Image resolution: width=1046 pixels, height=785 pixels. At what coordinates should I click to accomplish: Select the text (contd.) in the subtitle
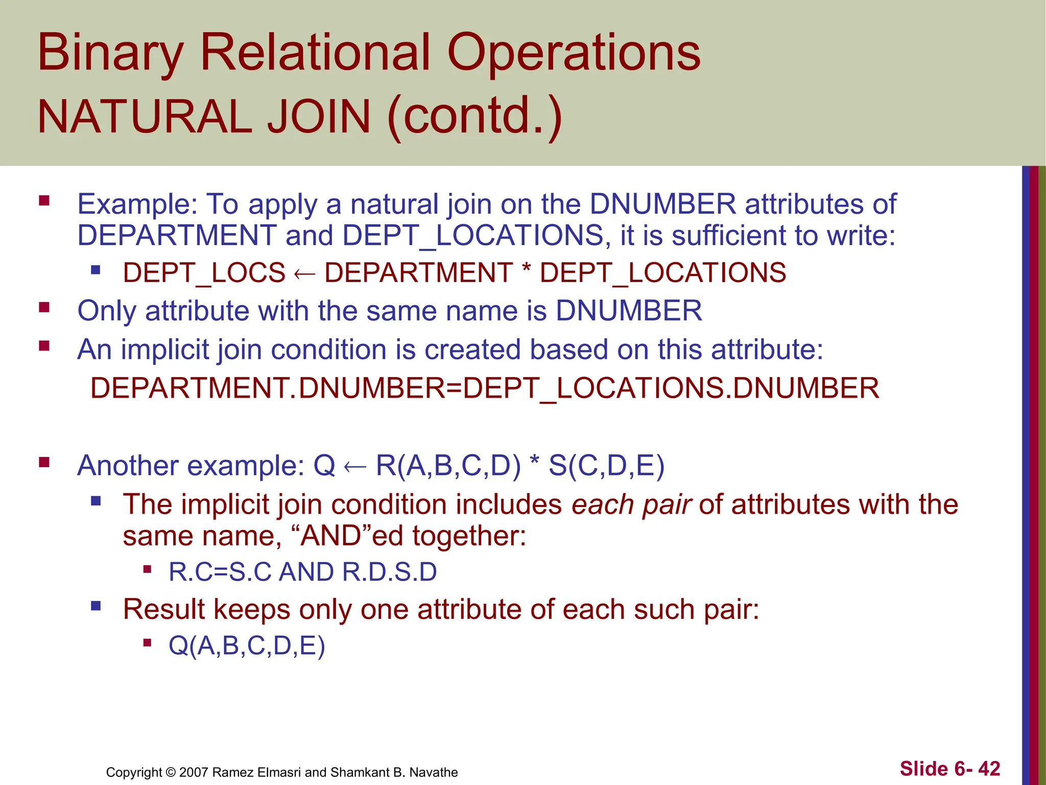(475, 117)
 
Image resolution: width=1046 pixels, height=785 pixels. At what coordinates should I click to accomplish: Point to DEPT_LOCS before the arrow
(204, 272)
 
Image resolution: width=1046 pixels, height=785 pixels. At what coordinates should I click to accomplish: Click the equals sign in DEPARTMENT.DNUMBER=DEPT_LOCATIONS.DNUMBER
(454, 388)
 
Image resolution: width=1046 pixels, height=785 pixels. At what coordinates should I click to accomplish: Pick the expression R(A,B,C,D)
(448, 466)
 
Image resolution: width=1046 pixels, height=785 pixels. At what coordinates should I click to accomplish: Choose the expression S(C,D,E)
(606, 466)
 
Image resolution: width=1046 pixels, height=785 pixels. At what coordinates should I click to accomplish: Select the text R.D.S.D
(390, 572)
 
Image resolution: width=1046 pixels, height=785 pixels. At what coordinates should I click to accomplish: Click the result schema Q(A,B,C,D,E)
(247, 646)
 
